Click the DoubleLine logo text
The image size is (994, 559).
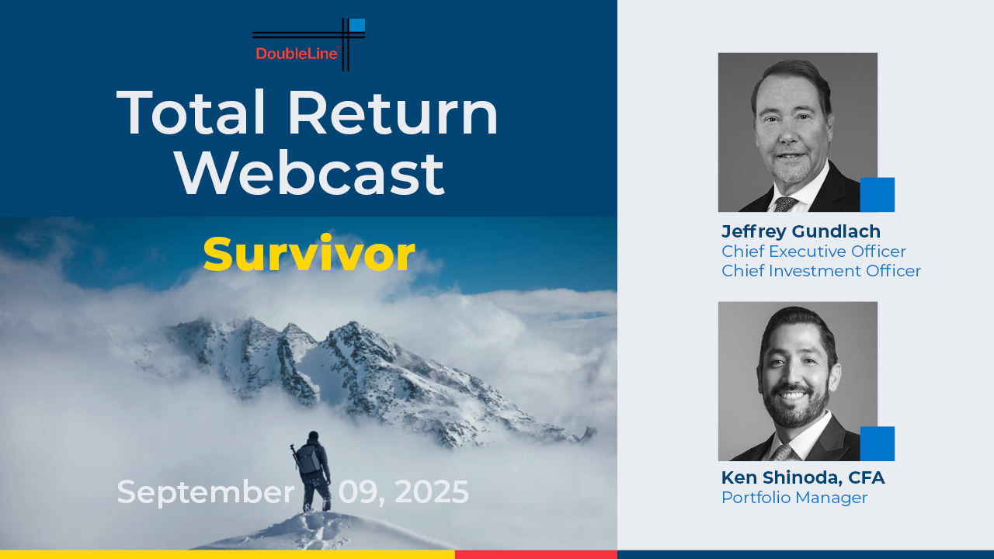click(297, 54)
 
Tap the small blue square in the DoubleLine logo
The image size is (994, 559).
click(357, 25)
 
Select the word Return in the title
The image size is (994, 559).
click(393, 113)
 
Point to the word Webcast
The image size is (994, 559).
click(310, 174)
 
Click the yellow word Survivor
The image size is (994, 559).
click(309, 254)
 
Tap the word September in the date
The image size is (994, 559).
click(206, 492)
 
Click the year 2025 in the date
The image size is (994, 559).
click(431, 491)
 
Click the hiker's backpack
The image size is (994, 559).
click(308, 460)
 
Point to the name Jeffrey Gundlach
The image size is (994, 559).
click(801, 232)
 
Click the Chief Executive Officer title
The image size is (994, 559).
click(813, 252)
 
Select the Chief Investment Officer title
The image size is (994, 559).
click(821, 271)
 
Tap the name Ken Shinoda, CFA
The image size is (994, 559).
click(803, 477)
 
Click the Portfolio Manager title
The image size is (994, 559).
click(794, 498)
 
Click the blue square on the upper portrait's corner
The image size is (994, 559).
click(878, 195)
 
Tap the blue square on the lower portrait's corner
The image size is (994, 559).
click(878, 443)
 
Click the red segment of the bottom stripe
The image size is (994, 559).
click(536, 554)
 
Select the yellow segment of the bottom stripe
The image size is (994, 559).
click(228, 554)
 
